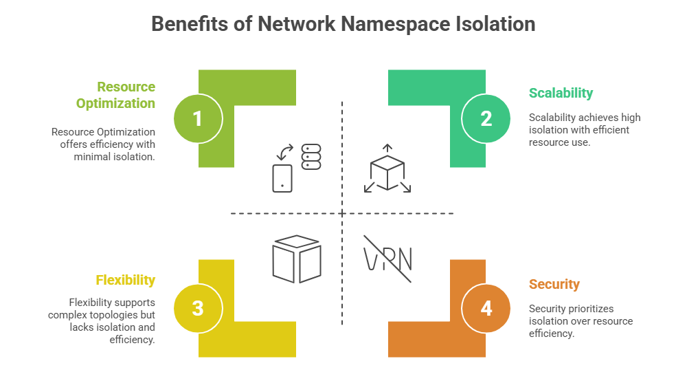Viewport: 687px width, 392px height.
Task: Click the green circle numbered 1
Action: (x=198, y=118)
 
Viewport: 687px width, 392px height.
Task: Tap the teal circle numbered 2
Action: (x=486, y=118)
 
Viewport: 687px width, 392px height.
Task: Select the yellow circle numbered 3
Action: (x=198, y=308)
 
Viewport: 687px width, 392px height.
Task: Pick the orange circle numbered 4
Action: (x=486, y=308)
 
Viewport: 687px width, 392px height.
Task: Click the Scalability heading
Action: (x=561, y=93)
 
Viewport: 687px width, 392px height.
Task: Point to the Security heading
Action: (x=554, y=284)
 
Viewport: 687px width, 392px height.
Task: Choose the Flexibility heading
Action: (x=125, y=280)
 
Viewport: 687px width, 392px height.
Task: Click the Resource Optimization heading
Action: (x=115, y=95)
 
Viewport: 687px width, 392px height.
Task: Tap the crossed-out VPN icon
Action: (x=387, y=259)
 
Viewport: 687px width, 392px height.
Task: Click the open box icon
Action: (x=297, y=259)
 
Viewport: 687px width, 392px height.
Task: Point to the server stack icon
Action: (x=312, y=156)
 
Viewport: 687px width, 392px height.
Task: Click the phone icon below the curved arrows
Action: (x=282, y=177)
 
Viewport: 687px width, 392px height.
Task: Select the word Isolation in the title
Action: (x=495, y=24)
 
